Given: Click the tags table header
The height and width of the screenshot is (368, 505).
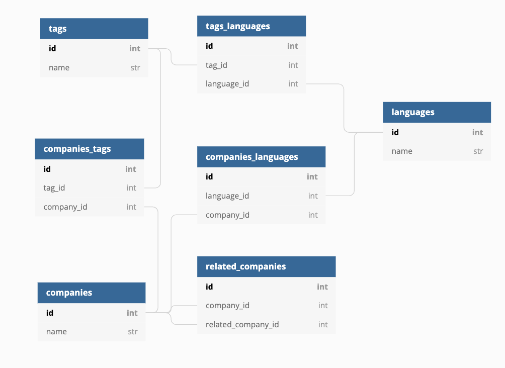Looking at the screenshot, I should click(x=94, y=29).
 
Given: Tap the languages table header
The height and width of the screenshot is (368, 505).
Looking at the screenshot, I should click(x=437, y=112).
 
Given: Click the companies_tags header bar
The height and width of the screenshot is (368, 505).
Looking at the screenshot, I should click(x=89, y=149).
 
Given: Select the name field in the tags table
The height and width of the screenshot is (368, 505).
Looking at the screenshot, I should click(x=59, y=68).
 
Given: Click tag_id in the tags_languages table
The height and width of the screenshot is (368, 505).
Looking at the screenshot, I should click(x=217, y=65).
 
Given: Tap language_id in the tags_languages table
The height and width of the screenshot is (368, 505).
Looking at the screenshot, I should click(x=227, y=84).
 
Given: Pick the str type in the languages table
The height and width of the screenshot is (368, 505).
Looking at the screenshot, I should click(x=478, y=151).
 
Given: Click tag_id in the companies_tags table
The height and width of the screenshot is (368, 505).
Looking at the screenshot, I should click(x=54, y=188).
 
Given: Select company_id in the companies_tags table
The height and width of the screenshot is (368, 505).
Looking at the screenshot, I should click(x=65, y=207).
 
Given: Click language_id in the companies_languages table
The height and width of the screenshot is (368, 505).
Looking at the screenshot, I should click(x=227, y=196).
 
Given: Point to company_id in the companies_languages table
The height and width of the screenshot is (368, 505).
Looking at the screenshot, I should click(x=227, y=215).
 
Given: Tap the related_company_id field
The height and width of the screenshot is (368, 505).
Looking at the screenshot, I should click(x=242, y=325).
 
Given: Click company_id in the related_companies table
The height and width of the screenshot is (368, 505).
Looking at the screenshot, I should click(x=227, y=306).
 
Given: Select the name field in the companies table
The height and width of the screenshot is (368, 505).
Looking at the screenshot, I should click(x=56, y=332).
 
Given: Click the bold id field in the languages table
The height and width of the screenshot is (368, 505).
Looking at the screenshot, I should click(x=395, y=133).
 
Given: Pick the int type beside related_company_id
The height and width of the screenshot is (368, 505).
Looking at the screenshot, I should click(x=323, y=325).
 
